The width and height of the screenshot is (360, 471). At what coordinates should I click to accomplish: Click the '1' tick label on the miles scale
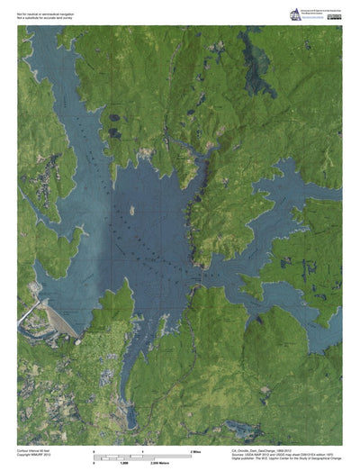point(142,448)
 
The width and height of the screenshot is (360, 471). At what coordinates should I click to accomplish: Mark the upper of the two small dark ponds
point(113,118)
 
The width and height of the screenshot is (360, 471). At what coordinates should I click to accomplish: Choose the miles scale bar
point(143,453)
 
